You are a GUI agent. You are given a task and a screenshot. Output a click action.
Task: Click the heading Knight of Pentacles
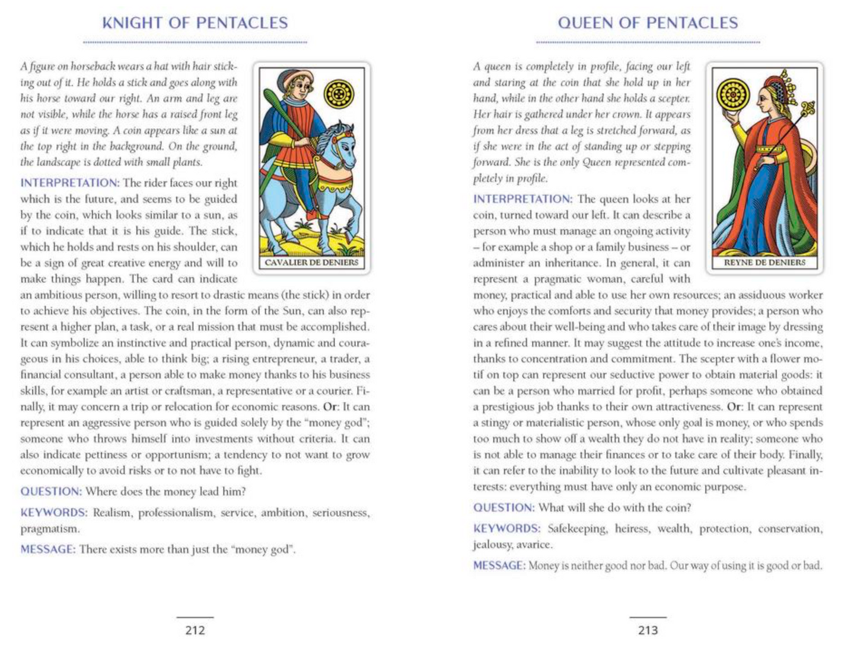pyautogui.click(x=195, y=23)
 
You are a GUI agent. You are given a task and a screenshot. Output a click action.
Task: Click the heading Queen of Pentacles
pyautogui.click(x=648, y=23)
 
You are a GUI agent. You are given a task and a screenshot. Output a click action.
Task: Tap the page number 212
pyautogui.click(x=195, y=630)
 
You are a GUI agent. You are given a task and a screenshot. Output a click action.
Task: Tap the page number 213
pyautogui.click(x=648, y=630)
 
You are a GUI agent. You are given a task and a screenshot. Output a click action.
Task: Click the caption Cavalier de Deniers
pyautogui.click(x=311, y=263)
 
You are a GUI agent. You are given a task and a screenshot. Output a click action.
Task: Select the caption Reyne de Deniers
pyautogui.click(x=764, y=263)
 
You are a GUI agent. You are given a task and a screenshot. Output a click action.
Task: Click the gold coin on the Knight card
pyautogui.click(x=339, y=94)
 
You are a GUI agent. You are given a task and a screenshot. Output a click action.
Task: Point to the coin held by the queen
pyautogui.click(x=734, y=95)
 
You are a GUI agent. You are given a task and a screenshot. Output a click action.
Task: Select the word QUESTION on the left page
pyautogui.click(x=51, y=491)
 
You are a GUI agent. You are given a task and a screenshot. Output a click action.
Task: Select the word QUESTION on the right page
pyautogui.click(x=504, y=507)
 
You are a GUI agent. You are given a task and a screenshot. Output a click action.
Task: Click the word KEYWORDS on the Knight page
pyautogui.click(x=54, y=513)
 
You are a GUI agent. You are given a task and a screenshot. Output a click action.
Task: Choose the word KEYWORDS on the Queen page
pyautogui.click(x=506, y=529)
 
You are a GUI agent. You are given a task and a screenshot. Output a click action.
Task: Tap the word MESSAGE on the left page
pyautogui.click(x=48, y=550)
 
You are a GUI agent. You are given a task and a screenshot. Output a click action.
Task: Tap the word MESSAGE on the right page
pyautogui.click(x=499, y=566)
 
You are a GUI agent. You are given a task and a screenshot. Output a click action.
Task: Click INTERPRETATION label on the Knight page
pyautogui.click(x=70, y=183)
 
